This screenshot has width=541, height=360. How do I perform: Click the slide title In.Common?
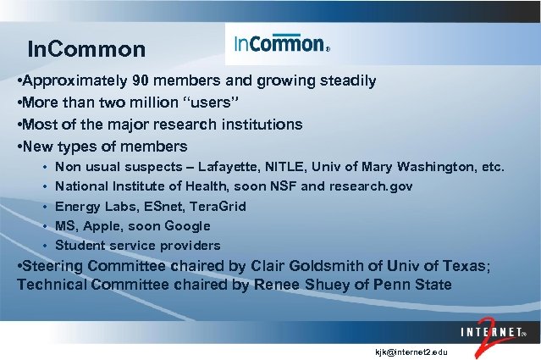click(x=86, y=49)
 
